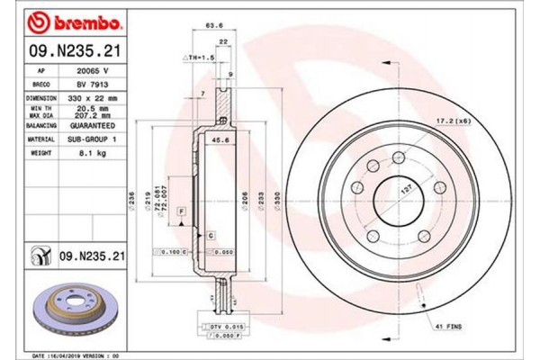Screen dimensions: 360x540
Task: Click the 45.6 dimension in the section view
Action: (x=216, y=140)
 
